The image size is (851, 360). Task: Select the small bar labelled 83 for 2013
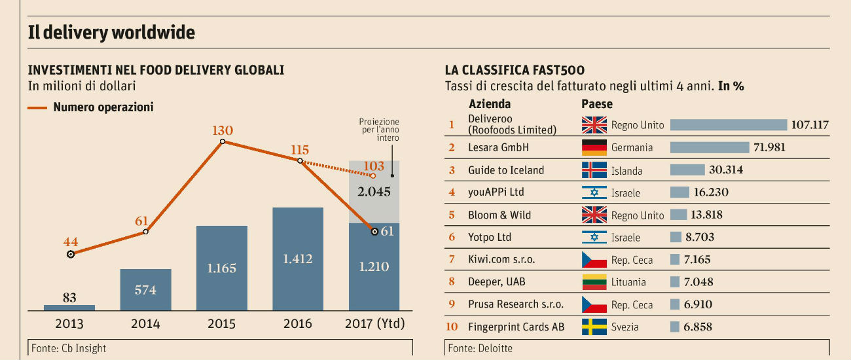point(69,307)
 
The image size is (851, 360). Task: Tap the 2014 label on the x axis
point(145,323)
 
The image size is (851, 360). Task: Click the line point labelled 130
point(223,141)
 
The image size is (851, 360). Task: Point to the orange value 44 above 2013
point(71,242)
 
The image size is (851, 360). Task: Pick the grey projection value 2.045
point(374,192)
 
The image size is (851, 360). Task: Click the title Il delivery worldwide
point(111,32)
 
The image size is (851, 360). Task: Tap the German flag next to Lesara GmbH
point(594,147)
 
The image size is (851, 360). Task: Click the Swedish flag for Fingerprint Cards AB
point(594,327)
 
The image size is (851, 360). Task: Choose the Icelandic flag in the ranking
point(594,170)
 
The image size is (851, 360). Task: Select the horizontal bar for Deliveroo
point(728,125)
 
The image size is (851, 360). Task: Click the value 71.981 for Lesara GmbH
point(769,147)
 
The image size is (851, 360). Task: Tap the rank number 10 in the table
point(451,327)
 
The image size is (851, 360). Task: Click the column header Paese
point(597,104)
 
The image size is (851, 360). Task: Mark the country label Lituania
point(628,282)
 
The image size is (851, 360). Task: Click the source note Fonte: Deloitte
point(480,348)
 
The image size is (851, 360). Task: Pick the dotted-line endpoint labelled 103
point(373,175)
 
